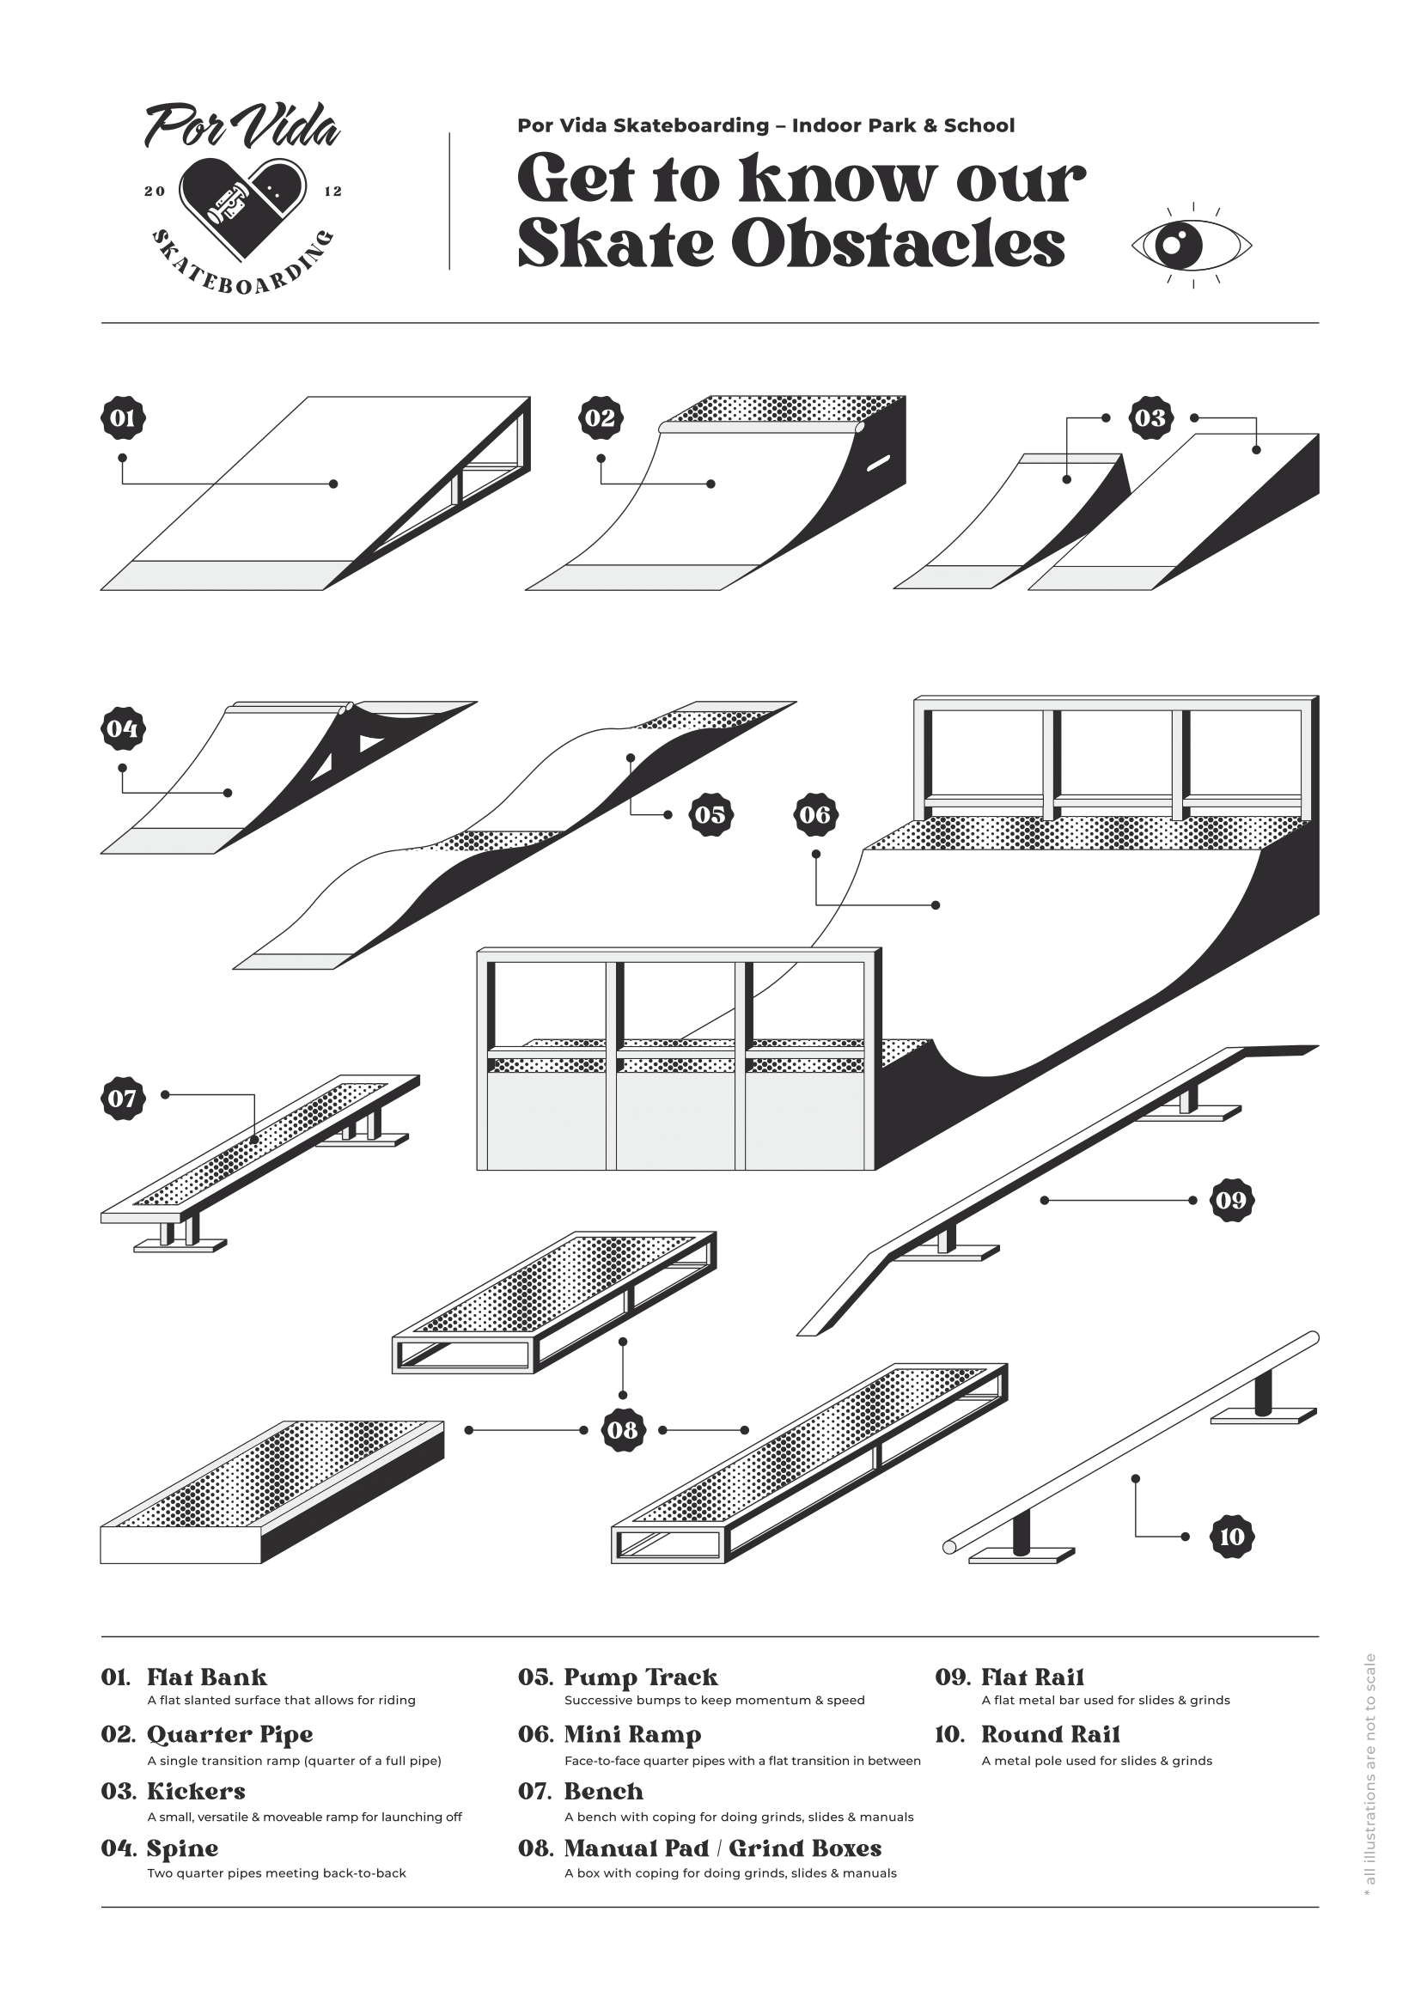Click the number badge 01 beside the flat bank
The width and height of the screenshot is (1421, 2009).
click(x=123, y=418)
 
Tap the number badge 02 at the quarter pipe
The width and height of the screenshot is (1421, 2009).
click(x=601, y=418)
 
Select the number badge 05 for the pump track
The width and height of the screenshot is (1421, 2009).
click(x=710, y=814)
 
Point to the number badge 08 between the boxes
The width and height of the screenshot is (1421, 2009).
click(x=622, y=1430)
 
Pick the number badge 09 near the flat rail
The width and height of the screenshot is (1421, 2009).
click(x=1231, y=1200)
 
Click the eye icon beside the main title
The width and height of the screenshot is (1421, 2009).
click(x=1192, y=244)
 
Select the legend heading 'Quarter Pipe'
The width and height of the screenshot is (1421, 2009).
click(x=229, y=1734)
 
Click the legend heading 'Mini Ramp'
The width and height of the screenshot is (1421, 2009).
click(x=631, y=1734)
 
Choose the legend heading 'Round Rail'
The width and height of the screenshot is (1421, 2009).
click(x=1050, y=1734)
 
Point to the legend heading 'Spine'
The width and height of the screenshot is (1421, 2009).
click(x=182, y=1848)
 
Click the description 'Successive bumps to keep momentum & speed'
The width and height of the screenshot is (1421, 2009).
click(x=714, y=1700)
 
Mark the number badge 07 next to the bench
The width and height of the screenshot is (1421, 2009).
click(x=123, y=1099)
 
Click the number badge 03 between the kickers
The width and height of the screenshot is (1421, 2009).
click(x=1150, y=418)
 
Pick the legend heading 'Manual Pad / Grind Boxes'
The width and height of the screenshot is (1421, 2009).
click(x=723, y=1848)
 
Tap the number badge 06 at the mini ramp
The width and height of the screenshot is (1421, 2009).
click(x=814, y=814)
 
